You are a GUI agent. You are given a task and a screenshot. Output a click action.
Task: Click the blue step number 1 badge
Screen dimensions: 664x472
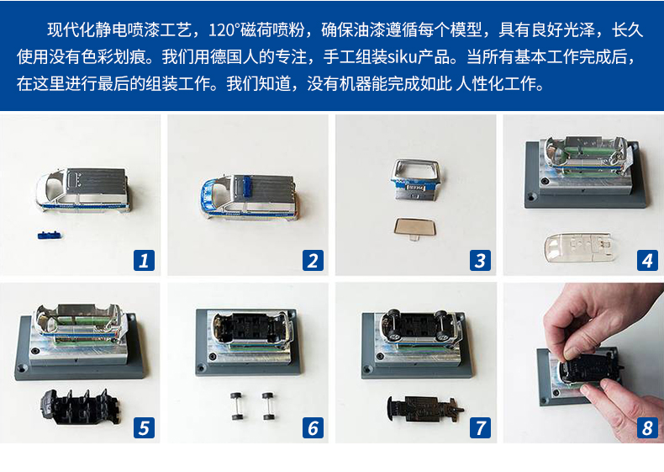tap(144, 260)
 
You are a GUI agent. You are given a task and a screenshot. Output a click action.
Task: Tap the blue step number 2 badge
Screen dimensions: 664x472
tap(313, 260)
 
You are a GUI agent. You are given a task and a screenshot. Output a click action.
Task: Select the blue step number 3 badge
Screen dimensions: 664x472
tap(480, 260)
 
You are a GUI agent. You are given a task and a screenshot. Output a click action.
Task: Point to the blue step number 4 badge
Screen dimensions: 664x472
tap(647, 260)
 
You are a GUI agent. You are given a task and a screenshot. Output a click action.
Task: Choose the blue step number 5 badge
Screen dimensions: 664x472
tap(144, 427)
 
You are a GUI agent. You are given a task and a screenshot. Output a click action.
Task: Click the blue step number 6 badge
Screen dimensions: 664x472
tap(313, 427)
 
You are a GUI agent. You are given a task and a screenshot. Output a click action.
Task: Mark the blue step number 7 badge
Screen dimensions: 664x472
tap(480, 427)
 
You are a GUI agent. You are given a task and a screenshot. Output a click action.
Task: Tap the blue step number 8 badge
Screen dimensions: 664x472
tap(647, 427)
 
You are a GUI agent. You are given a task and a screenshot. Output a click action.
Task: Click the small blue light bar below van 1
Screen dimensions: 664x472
tap(49, 235)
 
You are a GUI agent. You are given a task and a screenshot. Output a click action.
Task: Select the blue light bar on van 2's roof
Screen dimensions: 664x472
tap(246, 187)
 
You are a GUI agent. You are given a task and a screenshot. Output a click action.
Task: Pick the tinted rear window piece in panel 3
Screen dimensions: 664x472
tap(414, 228)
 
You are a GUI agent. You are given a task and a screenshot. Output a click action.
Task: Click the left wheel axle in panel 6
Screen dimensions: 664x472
tap(236, 406)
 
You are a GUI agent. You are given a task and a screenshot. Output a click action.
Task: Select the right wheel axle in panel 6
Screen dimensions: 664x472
tap(268, 406)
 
